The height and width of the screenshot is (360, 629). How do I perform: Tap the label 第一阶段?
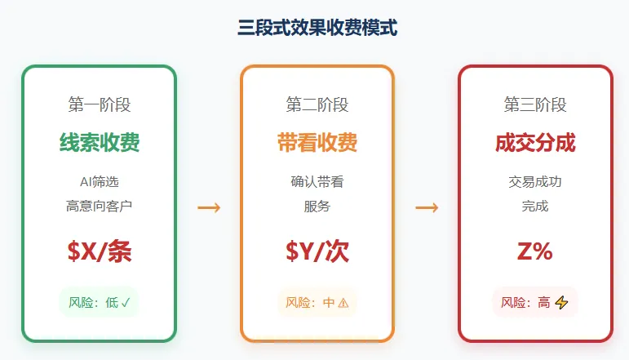pos(99,104)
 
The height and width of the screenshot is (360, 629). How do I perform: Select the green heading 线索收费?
pos(99,143)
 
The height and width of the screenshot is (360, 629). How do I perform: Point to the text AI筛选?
pos(99,181)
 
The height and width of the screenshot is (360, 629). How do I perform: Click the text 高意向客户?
pos(99,207)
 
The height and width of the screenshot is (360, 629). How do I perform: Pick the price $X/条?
pos(99,251)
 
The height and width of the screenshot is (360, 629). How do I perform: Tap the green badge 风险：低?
pos(99,303)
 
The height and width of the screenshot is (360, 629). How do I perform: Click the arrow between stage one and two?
pos(209,208)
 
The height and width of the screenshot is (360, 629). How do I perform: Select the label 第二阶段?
pos(317,104)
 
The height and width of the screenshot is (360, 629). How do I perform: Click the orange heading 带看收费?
pos(317,143)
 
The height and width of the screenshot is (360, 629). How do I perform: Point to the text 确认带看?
pos(317,181)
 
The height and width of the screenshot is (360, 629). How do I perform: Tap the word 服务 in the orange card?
pos(317,207)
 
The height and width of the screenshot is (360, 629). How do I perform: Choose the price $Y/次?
pos(317,251)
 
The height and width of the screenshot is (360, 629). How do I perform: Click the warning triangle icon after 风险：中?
pos(343,303)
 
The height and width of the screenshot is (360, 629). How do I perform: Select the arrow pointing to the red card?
pos(427,208)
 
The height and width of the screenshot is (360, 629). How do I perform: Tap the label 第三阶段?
pos(535,104)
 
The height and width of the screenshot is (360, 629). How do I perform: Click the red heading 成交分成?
pos(535,143)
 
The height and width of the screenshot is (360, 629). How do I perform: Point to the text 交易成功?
pos(535,181)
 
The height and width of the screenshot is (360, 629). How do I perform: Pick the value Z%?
pos(535,251)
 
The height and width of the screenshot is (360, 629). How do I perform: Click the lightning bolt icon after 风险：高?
pos(561,303)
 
